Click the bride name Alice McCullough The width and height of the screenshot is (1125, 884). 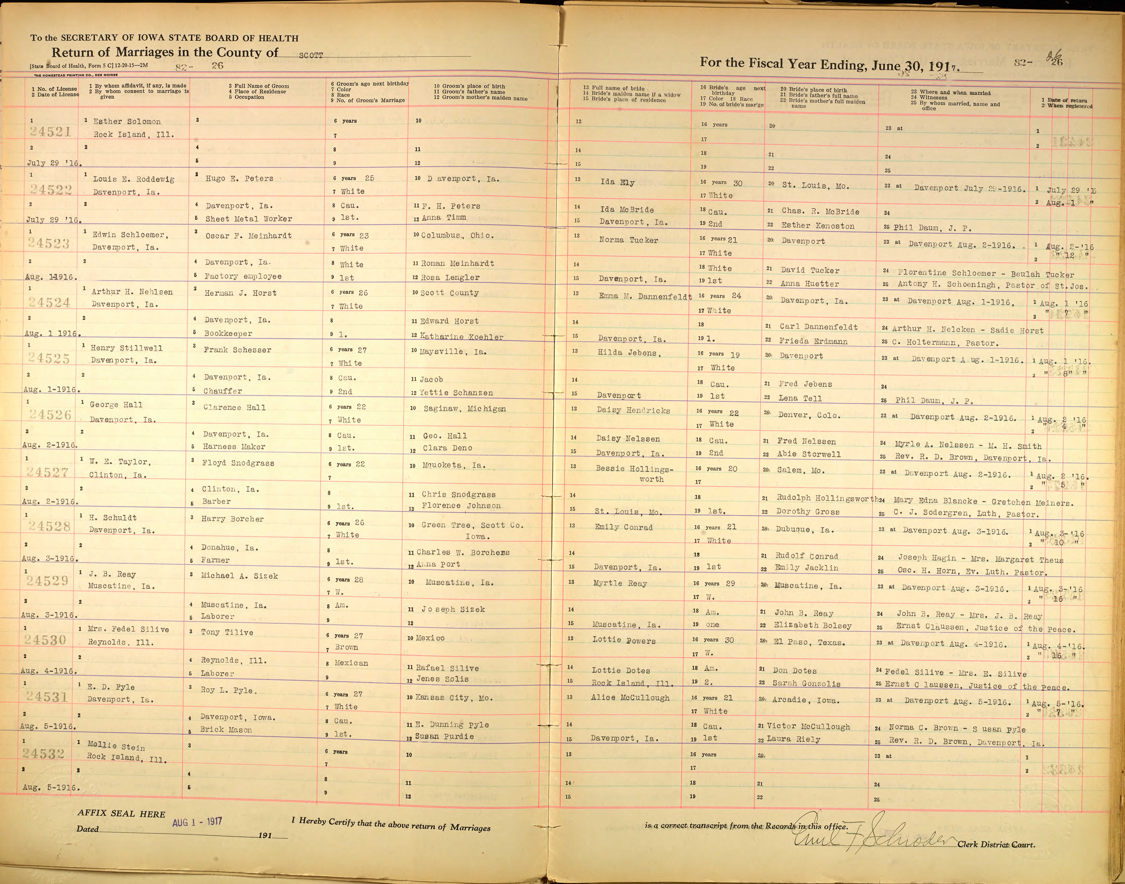(630, 698)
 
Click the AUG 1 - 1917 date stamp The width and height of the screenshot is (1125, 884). (197, 821)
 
